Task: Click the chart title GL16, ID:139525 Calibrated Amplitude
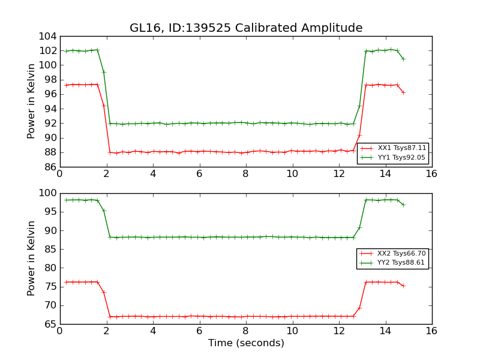(246, 28)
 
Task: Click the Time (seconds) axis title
(246, 343)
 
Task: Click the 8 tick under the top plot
(245, 174)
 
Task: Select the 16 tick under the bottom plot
(431, 331)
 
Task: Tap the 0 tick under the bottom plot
(59, 331)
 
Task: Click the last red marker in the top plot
(403, 92)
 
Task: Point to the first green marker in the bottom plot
(66, 200)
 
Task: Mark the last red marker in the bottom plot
(403, 286)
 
